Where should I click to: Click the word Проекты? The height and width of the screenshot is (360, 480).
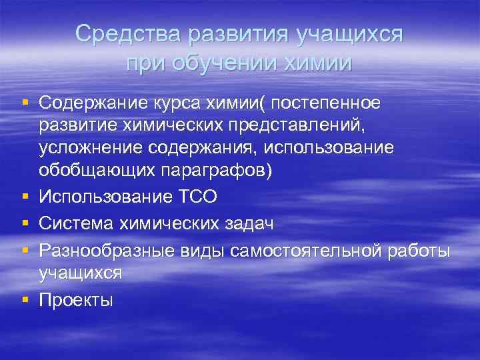(77, 300)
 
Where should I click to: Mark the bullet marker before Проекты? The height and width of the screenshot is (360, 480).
(25, 299)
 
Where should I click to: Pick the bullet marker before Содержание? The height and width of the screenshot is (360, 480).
(25, 103)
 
